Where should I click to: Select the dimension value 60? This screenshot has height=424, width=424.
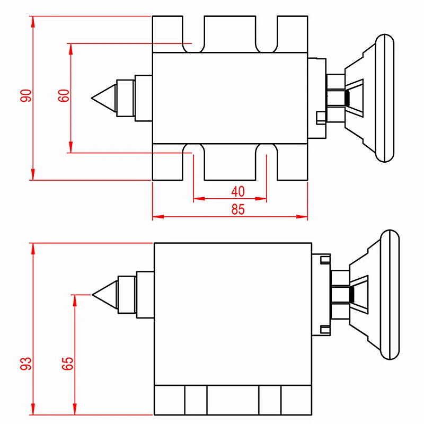[64, 95]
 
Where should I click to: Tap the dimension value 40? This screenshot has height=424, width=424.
[238, 191]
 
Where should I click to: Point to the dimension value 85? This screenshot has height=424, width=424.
[238, 209]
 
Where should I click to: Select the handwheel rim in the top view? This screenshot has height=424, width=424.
[385, 98]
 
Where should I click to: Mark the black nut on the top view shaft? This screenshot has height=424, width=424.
[348, 98]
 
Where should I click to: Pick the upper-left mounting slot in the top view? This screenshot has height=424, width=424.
[193, 34]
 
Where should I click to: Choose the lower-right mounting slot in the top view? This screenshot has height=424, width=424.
[266, 162]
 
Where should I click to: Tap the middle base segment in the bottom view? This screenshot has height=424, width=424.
[233, 400]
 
